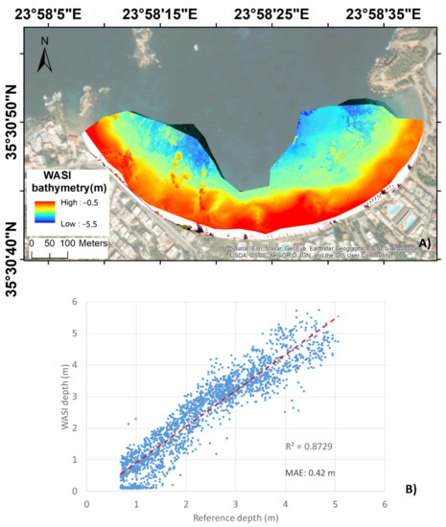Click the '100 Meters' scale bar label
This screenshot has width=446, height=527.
coord(84,244)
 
